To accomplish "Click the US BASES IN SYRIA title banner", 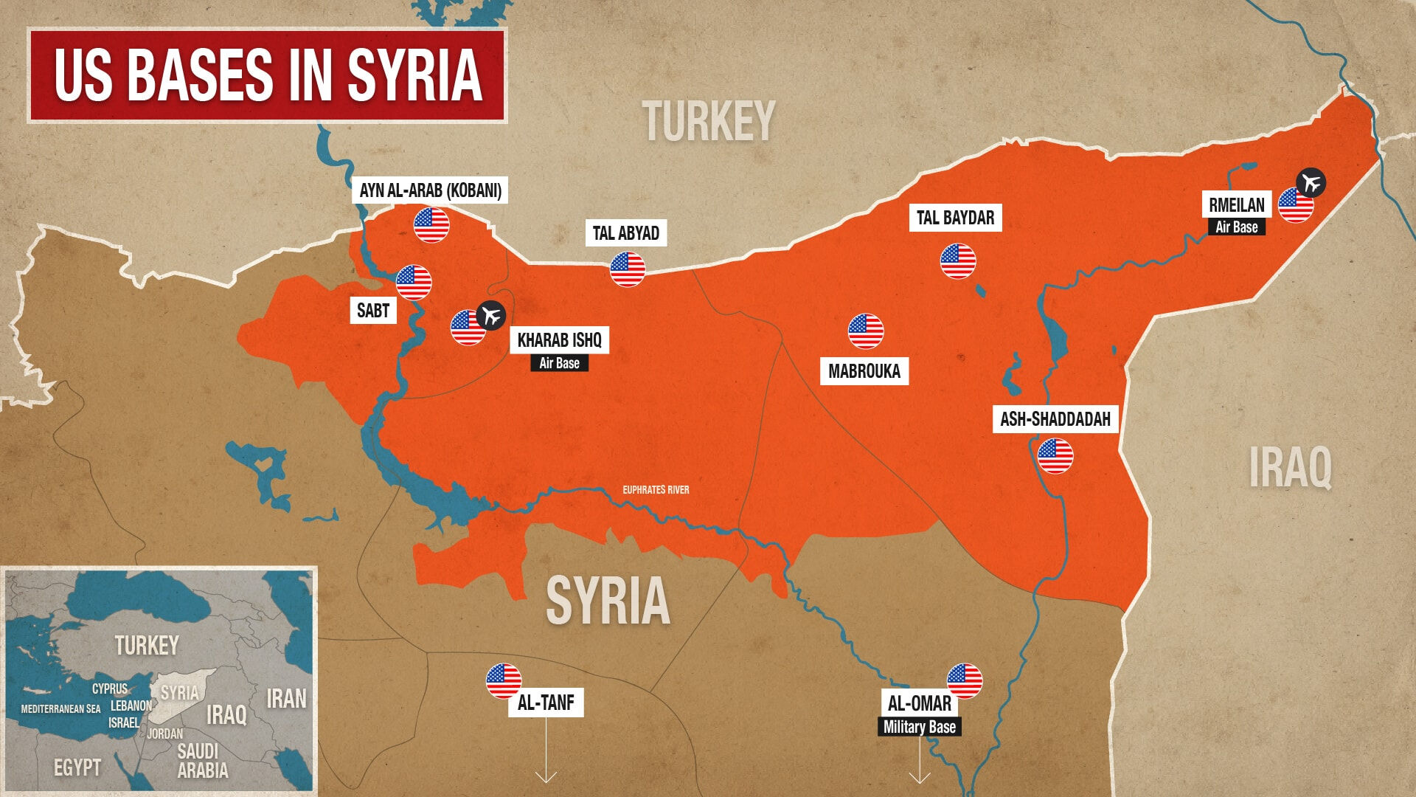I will (267, 75).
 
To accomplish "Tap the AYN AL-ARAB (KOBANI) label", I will (430, 190).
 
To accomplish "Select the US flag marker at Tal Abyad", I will (628, 269).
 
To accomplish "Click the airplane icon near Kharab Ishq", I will (491, 315).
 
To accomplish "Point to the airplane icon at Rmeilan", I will (1311, 182).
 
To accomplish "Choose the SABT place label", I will (372, 311).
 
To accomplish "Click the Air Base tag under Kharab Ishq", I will (559, 363).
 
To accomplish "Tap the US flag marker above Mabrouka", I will (866, 331).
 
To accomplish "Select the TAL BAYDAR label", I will (955, 218).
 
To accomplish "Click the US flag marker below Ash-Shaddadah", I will (1055, 456).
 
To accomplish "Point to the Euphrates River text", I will (656, 490).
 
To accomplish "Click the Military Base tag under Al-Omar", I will (919, 727).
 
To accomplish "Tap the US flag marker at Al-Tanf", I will (504, 681).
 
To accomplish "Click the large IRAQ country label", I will (1290, 467).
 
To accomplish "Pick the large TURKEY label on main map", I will (708, 121).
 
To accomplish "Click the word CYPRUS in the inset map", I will (110, 689).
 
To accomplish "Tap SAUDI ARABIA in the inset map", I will (201, 761).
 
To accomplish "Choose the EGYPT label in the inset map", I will (77, 767).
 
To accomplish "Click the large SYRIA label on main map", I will (608, 600).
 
